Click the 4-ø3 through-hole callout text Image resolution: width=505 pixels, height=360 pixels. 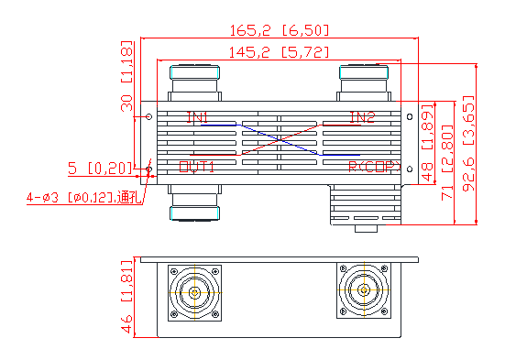[80, 196]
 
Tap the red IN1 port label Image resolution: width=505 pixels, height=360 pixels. [197, 117]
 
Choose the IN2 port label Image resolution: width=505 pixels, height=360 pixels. [362, 117]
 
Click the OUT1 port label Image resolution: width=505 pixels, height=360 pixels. [196, 167]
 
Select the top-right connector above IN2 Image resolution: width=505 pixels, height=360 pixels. [365, 82]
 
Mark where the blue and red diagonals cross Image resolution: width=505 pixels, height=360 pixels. [280, 142]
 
